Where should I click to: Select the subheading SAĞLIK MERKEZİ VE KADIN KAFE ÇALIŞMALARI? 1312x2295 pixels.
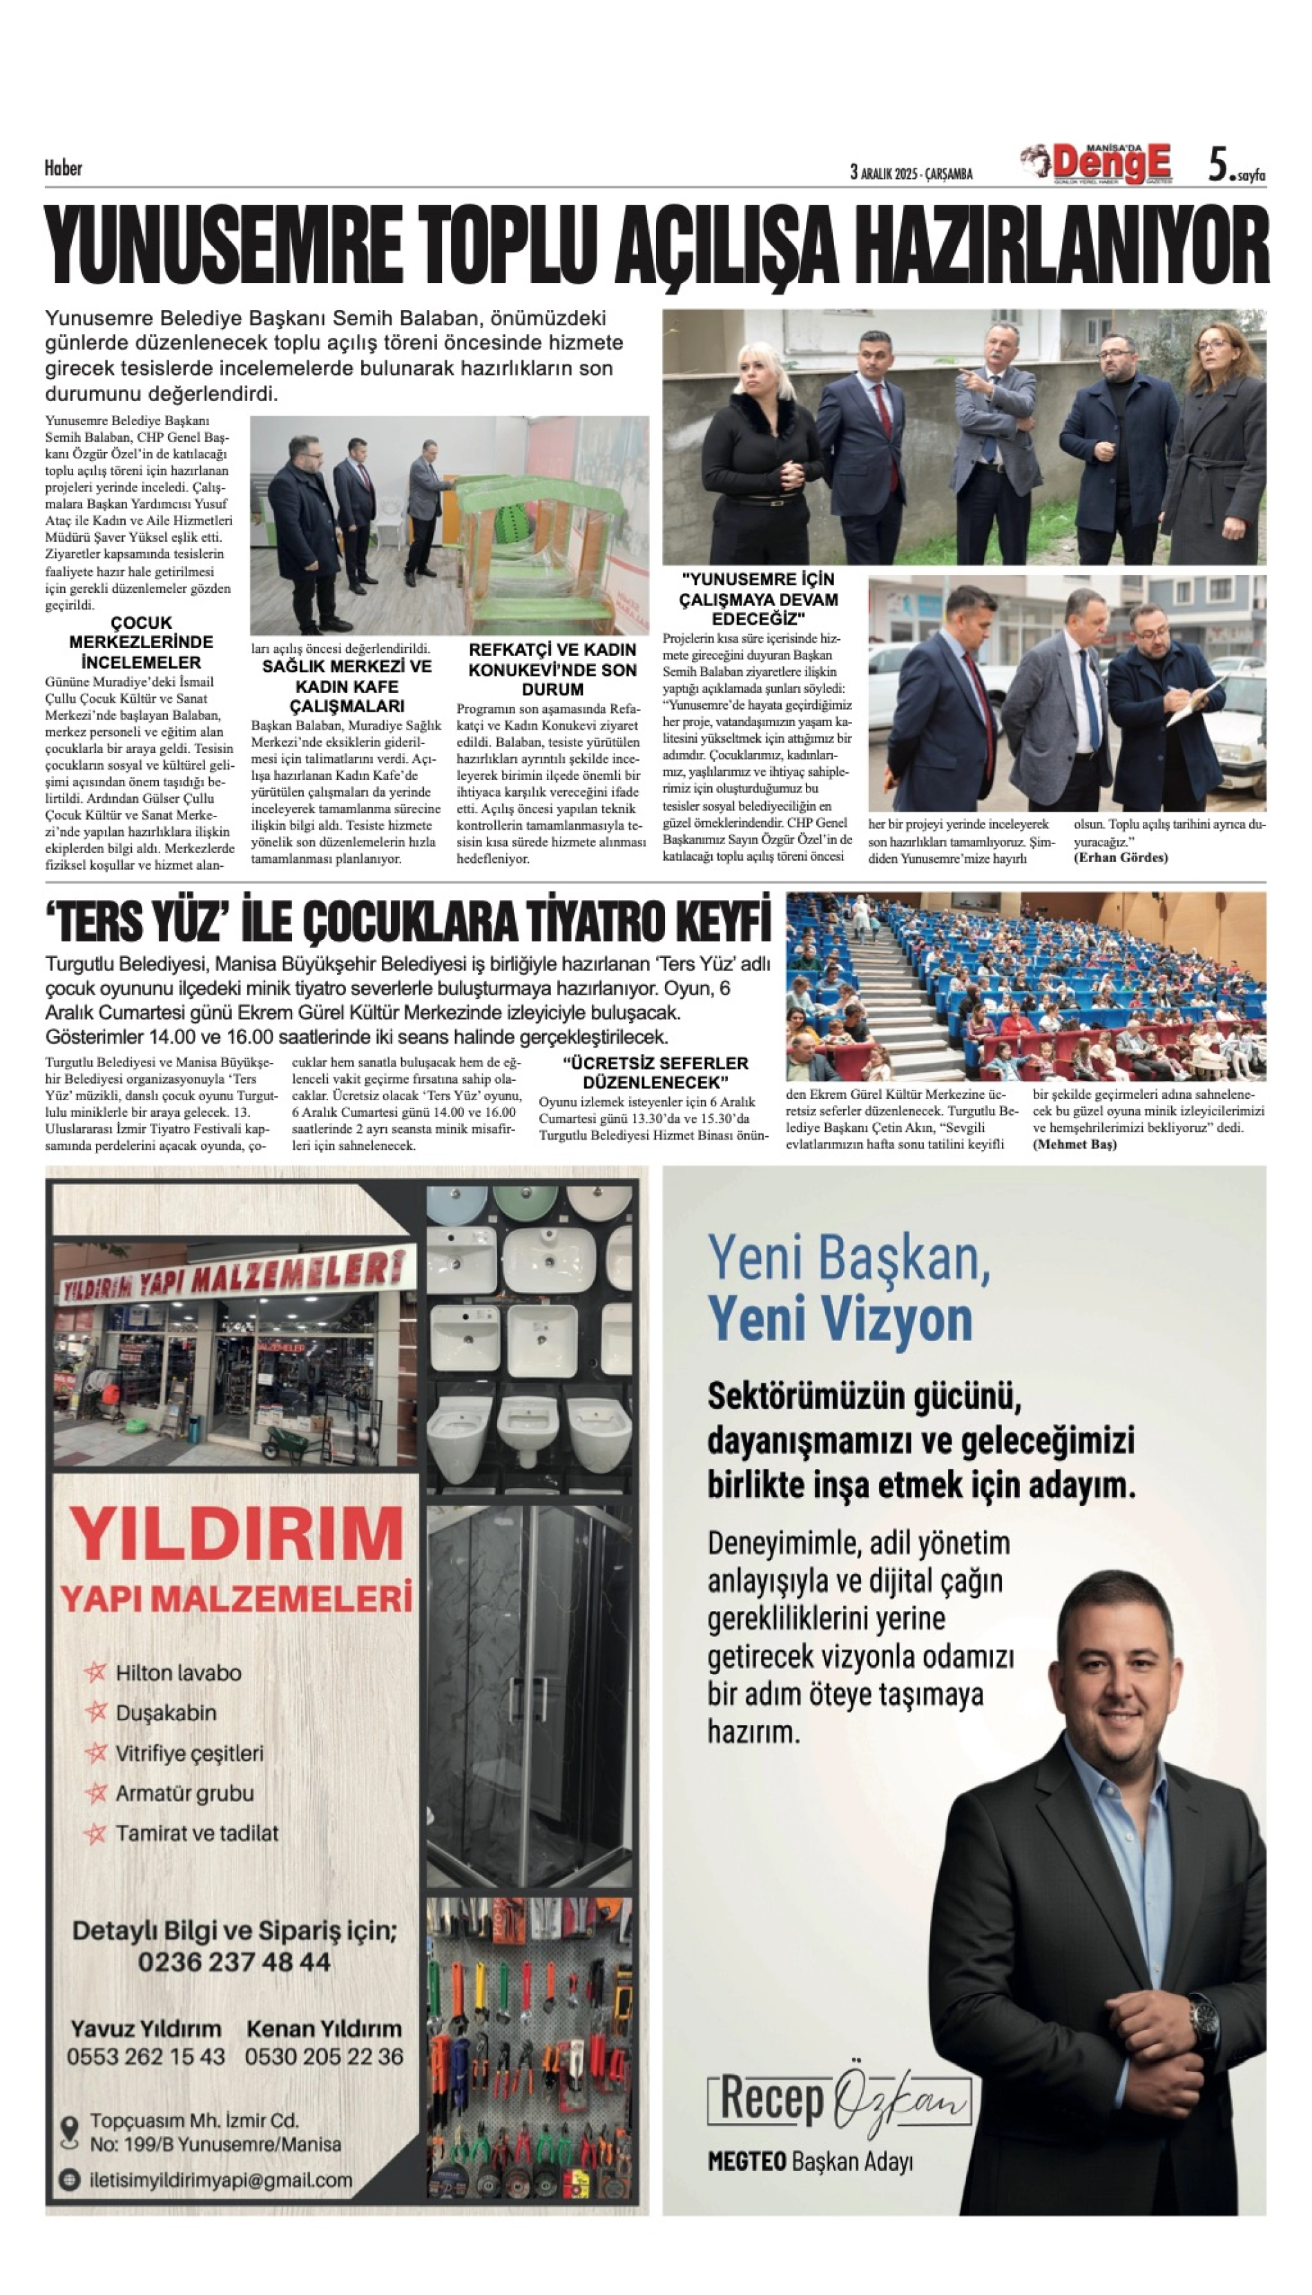pos(347,686)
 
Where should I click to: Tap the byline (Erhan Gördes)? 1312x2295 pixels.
pos(1120,857)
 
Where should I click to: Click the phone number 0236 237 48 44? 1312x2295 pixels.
pos(234,1962)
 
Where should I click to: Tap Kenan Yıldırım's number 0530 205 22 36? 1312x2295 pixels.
pos(325,2056)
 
